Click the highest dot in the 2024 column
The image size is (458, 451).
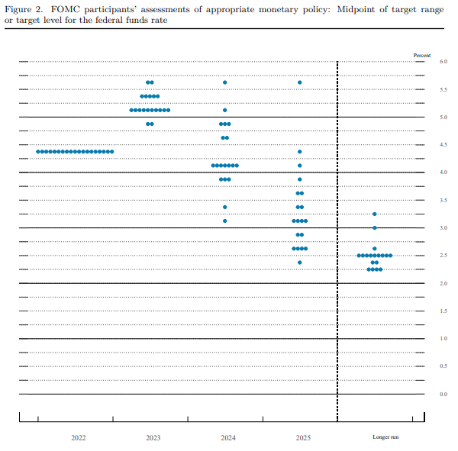[224, 82]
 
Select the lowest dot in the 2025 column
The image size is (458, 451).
[300, 263]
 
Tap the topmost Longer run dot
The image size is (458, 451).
[374, 214]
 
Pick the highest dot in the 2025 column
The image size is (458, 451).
[300, 82]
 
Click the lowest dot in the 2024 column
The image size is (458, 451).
[224, 221]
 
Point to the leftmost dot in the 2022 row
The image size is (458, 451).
[38, 152]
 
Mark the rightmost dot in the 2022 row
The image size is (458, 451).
[112, 152]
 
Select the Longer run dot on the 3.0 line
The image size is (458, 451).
[374, 227]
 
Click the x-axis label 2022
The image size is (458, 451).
[78, 437]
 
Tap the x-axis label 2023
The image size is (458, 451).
[153, 437]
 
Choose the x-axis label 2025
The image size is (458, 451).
[303, 437]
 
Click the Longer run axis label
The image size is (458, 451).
[385, 437]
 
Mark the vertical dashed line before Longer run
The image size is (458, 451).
[337, 229]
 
